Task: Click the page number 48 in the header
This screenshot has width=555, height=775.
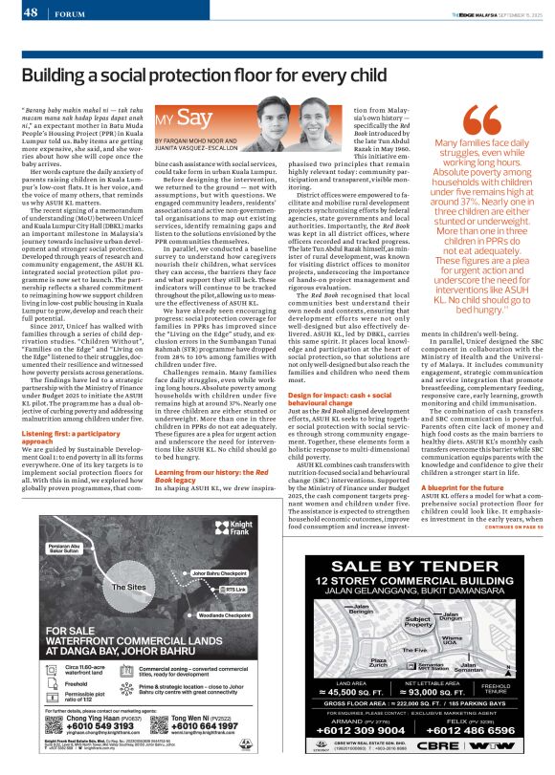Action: [x=30, y=12]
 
